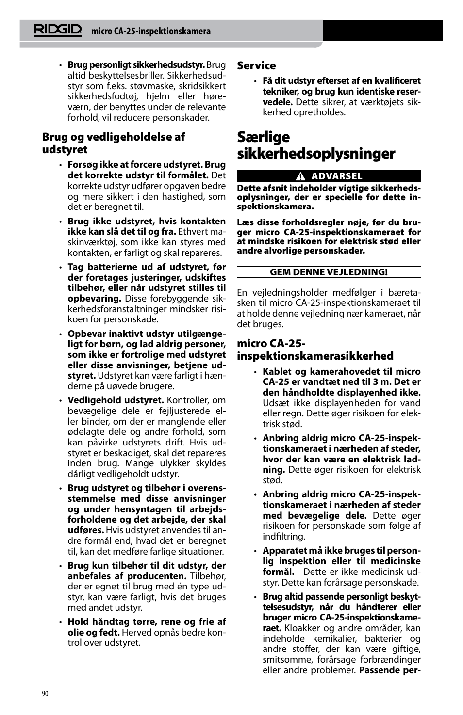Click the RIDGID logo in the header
58,30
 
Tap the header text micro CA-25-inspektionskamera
151,32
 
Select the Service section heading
256,65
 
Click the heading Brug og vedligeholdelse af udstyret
113,143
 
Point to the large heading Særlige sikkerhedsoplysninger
316,145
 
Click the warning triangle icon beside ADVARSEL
301,176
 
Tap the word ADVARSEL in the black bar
336,176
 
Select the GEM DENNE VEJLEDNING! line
329,272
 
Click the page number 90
45,694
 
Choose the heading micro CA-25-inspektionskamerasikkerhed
315,350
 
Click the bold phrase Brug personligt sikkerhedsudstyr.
136,64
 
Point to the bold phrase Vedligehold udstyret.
116,400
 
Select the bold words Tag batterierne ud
113,267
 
